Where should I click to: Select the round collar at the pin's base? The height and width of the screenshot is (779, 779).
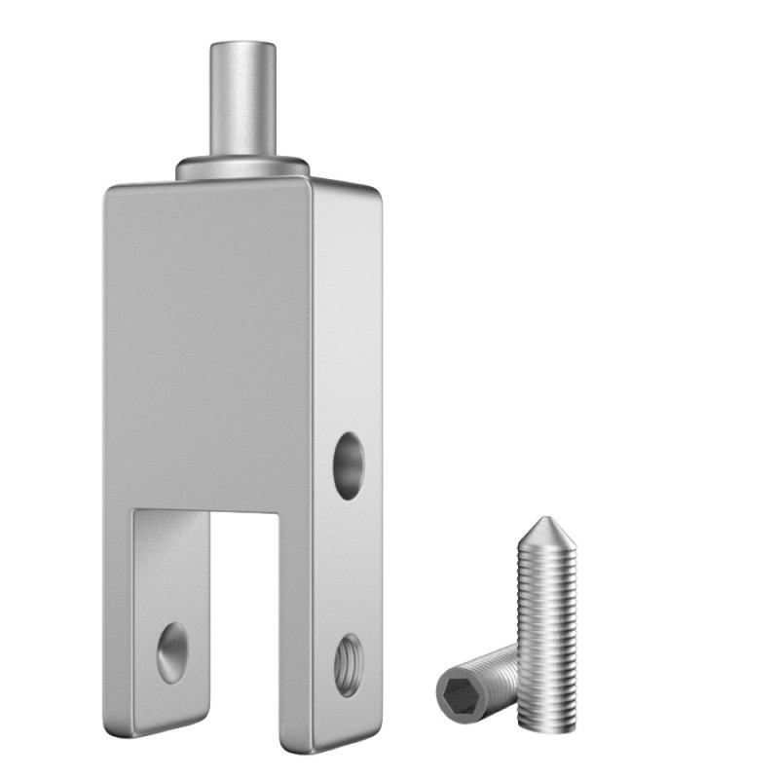click(x=242, y=167)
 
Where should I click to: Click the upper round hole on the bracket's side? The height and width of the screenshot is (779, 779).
click(x=348, y=466)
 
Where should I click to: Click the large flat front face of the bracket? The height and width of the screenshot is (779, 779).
click(x=209, y=341)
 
